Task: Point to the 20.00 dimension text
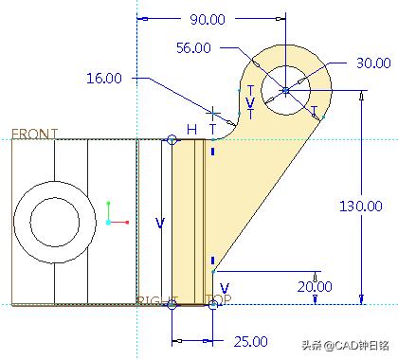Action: (x=314, y=286)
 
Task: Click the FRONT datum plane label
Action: (x=34, y=134)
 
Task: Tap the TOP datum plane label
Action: (x=218, y=301)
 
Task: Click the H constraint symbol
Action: (x=192, y=129)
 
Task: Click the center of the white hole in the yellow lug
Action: (x=285, y=90)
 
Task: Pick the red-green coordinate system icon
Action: (x=113, y=214)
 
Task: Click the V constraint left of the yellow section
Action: (x=160, y=223)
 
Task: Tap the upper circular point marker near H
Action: (x=172, y=140)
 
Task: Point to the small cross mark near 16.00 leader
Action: (x=214, y=113)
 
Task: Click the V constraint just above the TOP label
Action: (x=224, y=287)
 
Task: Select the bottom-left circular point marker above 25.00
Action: (x=172, y=304)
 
